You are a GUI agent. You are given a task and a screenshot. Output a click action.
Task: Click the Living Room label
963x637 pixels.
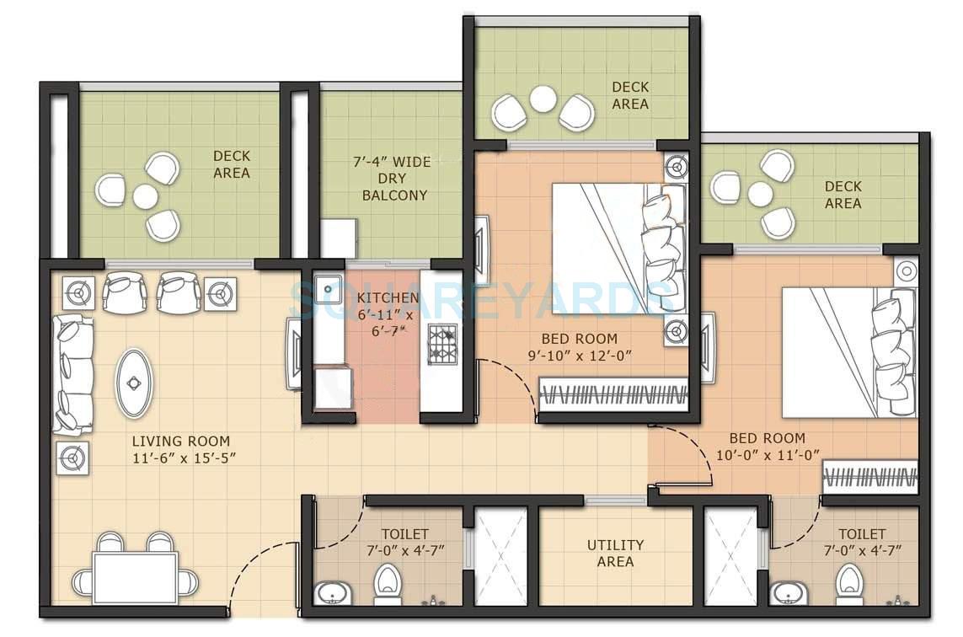click(180, 441)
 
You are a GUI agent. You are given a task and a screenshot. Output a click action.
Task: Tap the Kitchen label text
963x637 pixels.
click(387, 298)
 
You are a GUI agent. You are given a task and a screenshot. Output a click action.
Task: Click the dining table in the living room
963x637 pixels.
click(136, 577)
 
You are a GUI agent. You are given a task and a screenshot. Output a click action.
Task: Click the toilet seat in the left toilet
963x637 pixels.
click(387, 581)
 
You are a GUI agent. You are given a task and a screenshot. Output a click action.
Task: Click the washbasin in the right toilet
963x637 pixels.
click(789, 593)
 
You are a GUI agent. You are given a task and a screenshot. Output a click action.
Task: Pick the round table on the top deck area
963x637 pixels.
click(543, 99)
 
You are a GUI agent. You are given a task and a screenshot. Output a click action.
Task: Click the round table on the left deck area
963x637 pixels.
click(145, 196)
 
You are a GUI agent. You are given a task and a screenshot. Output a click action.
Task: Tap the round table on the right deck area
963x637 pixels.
click(760, 195)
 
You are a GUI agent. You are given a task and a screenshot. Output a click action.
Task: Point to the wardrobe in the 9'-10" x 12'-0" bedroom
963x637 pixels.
click(614, 393)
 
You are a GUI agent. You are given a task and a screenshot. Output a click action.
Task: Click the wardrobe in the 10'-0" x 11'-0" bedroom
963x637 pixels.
click(870, 477)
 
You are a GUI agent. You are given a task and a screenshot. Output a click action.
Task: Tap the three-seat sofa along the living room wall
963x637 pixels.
click(73, 374)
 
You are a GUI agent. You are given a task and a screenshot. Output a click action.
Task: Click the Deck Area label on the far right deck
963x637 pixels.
click(843, 195)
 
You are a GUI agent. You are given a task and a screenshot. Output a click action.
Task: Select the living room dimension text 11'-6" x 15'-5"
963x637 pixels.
click(180, 458)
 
